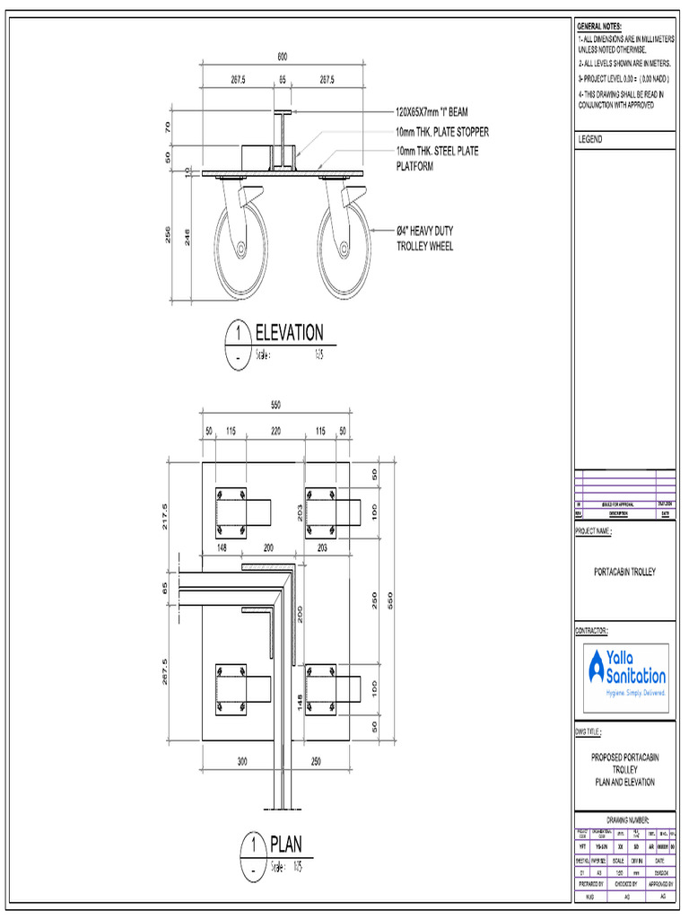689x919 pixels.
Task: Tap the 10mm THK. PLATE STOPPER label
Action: click(442, 133)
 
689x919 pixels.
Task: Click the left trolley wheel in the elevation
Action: click(241, 249)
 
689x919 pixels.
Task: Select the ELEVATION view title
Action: click(289, 333)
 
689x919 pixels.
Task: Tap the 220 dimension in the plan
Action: click(276, 432)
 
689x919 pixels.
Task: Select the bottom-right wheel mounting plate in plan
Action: click(320, 689)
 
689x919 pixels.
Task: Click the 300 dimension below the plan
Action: click(242, 762)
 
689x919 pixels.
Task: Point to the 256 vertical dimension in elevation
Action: click(167, 235)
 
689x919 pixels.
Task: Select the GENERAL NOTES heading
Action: click(598, 26)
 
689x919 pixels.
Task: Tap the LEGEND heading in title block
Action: click(590, 140)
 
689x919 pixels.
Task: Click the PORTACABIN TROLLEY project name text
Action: click(624, 572)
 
